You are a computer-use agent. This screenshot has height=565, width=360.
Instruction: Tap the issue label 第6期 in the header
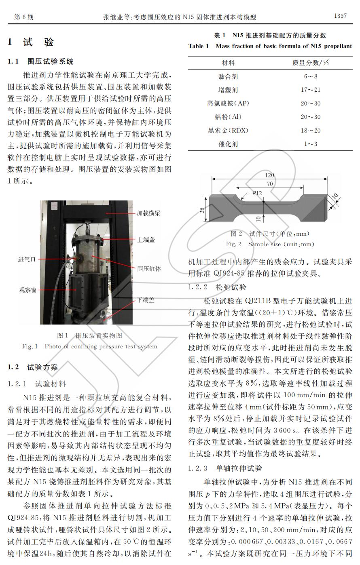[x=23, y=17]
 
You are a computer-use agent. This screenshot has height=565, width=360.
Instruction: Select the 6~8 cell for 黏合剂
[x=311, y=76]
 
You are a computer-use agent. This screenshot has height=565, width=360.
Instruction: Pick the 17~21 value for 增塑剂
[x=311, y=90]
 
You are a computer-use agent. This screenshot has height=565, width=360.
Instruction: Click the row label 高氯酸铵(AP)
[x=228, y=103]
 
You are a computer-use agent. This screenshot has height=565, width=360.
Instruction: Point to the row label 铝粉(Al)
[x=228, y=117]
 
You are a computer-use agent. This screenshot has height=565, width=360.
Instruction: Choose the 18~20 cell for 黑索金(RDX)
[x=311, y=131]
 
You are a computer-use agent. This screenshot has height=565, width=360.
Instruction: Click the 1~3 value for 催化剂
[x=311, y=144]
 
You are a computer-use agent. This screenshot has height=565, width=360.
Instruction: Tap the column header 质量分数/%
[x=311, y=63]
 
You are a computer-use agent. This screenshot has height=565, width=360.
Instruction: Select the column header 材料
[x=228, y=63]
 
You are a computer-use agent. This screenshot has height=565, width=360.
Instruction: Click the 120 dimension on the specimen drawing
[x=269, y=175]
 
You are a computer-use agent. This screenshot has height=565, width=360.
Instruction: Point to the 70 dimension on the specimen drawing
[x=269, y=184]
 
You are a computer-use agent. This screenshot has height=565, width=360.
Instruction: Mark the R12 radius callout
[x=257, y=193]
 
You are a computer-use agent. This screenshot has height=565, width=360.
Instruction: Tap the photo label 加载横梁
[x=148, y=213]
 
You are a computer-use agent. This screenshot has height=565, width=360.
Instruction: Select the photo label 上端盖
[x=146, y=240]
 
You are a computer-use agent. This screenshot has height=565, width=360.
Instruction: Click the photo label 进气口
[x=27, y=259]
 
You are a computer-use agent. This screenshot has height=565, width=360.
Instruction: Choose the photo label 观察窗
[x=28, y=290]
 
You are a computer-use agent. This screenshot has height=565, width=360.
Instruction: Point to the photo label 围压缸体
[x=149, y=268]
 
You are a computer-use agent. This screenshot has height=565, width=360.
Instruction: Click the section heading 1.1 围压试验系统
[x=41, y=61]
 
